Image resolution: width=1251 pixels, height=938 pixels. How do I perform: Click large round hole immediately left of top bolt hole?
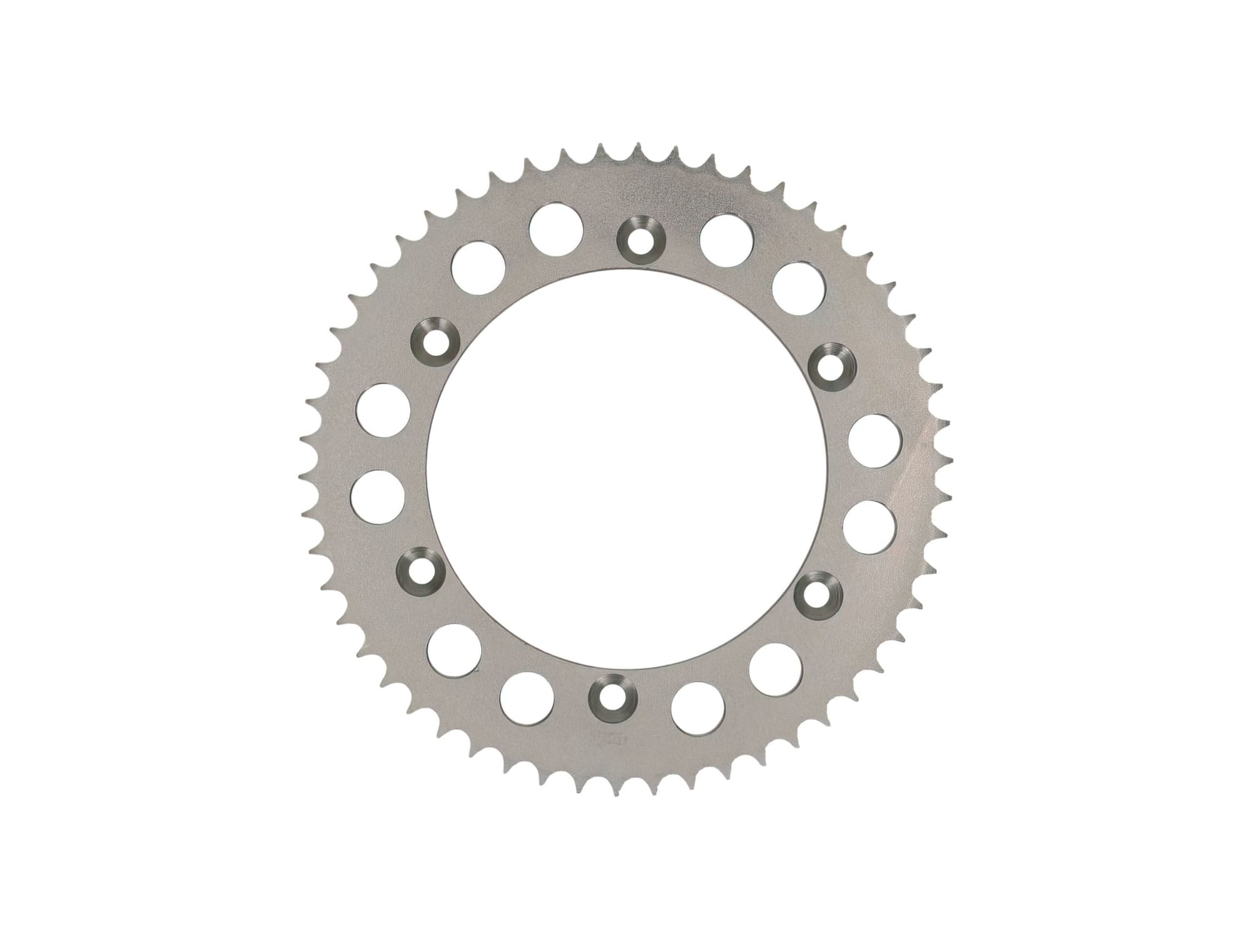tap(556, 228)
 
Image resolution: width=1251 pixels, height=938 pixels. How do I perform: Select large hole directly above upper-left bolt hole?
tap(479, 270)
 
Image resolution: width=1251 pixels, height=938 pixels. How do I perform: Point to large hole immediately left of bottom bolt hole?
tap(527, 698)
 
